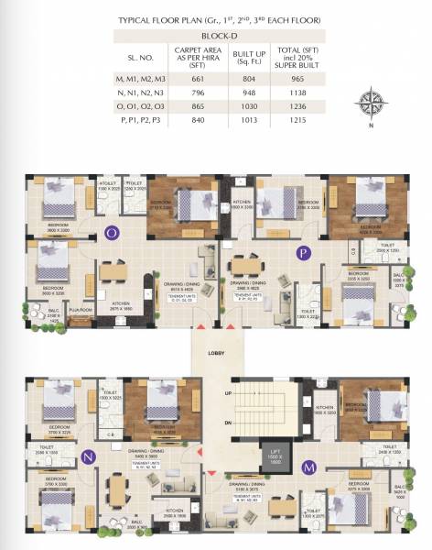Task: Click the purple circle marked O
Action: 112,232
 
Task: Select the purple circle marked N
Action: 89,456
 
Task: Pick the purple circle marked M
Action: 309,467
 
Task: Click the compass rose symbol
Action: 370,101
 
